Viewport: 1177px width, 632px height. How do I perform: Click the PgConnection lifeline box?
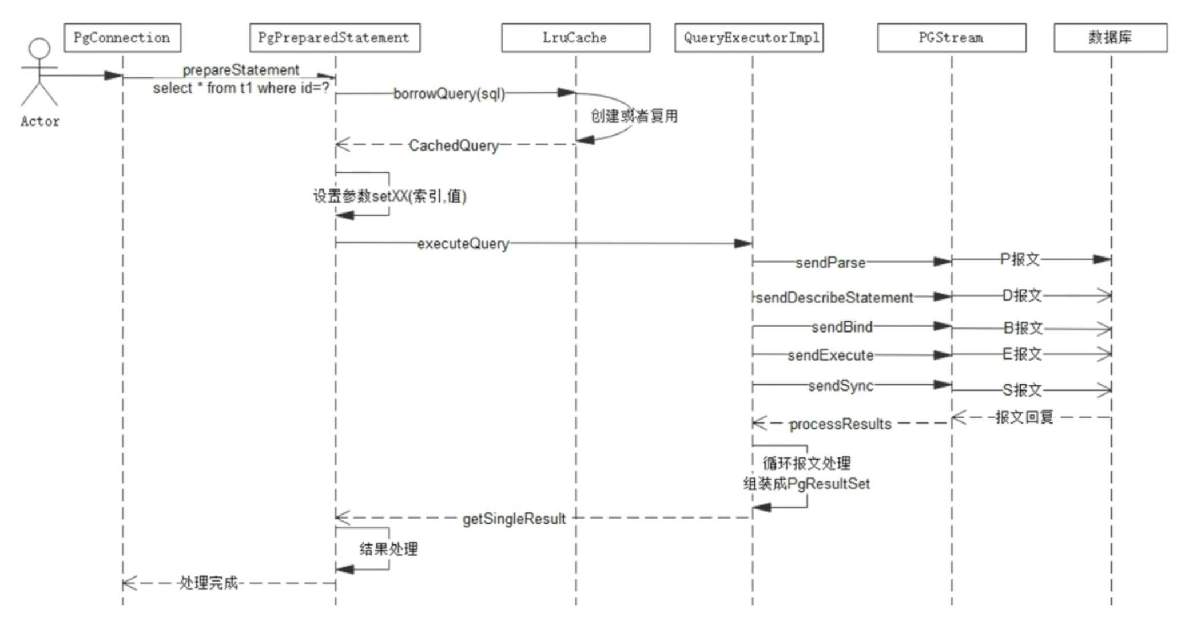[122, 38]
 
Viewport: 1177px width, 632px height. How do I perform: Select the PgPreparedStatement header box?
[335, 38]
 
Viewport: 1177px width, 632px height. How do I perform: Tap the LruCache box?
[575, 38]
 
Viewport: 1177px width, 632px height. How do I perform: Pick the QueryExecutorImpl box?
[749, 38]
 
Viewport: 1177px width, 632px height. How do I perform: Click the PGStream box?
[951, 38]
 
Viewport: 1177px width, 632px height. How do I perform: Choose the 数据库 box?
[1110, 38]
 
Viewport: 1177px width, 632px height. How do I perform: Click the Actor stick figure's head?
[39, 48]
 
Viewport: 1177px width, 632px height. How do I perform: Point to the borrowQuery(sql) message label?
[449, 94]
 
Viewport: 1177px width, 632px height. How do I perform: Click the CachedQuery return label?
[454, 145]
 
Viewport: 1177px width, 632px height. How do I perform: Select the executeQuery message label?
[463, 244]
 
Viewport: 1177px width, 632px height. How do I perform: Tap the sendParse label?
[830, 263]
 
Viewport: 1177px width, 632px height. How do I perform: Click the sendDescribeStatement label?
[834, 298]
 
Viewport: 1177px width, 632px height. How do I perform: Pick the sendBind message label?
[842, 327]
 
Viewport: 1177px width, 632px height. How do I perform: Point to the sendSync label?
[841, 386]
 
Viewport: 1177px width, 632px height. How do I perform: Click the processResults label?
[840, 424]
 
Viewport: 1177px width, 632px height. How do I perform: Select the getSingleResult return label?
[514, 519]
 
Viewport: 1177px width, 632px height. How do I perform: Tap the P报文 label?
[1020, 259]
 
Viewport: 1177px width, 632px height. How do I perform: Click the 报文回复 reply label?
[1024, 417]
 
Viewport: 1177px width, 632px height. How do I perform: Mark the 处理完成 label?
[208, 583]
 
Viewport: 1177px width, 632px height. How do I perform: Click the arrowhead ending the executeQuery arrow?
[743, 244]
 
